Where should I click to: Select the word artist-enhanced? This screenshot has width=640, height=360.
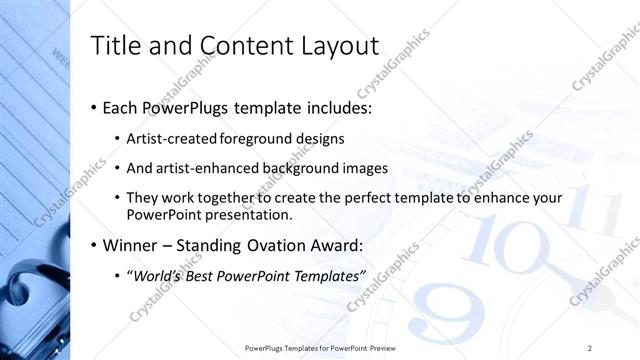204,168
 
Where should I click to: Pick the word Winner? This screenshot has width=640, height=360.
130,245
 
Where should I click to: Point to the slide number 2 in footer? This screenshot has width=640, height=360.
590,347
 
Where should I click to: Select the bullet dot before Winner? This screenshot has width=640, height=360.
94,246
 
